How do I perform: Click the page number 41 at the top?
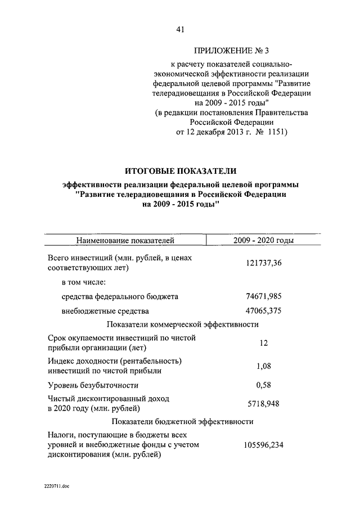[x=180, y=29]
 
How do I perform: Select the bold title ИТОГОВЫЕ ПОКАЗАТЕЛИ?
[x=180, y=170]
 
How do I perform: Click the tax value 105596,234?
[x=263, y=444]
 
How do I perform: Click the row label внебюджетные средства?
[x=105, y=310]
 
